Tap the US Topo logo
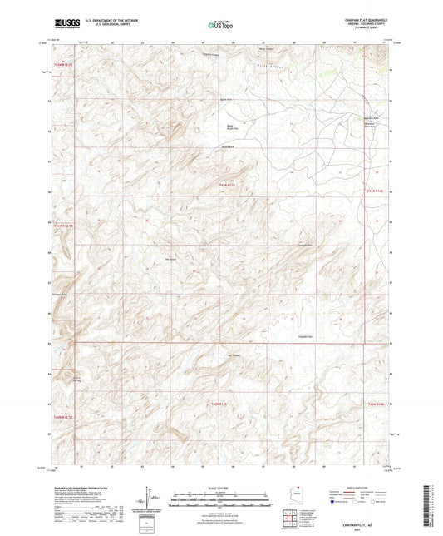tap(220, 24)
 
